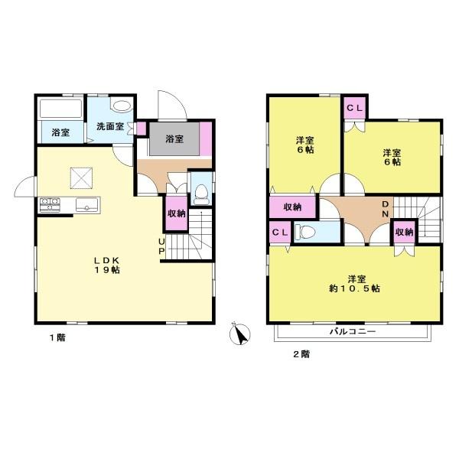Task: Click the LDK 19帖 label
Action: (x=105, y=263)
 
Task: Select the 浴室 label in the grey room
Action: (x=174, y=139)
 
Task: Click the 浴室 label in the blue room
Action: (x=61, y=132)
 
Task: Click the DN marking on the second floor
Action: (x=386, y=209)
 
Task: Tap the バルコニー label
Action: (x=352, y=332)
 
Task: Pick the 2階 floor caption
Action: (x=299, y=353)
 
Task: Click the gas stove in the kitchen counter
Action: (x=50, y=205)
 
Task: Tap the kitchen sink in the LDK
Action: (x=86, y=204)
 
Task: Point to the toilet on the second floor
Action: (x=306, y=232)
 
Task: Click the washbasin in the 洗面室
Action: (x=121, y=107)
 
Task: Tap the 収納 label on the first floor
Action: (x=176, y=214)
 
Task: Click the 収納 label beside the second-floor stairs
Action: (x=404, y=232)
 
